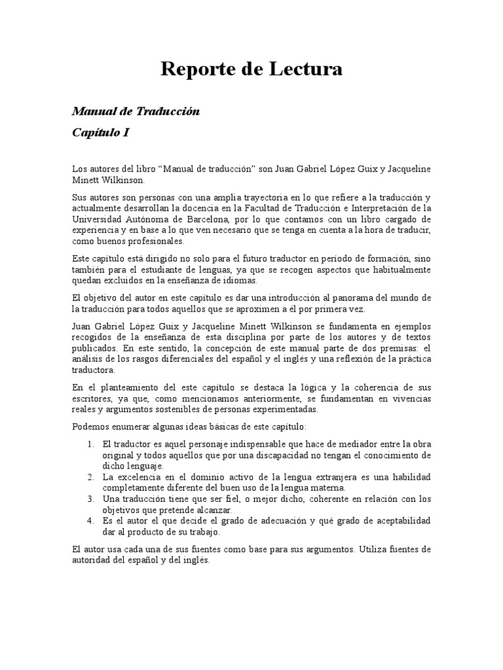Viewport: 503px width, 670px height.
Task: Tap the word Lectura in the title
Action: (x=305, y=69)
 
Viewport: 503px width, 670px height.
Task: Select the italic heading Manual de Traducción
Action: (x=136, y=112)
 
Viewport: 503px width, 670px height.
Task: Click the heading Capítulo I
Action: (x=100, y=133)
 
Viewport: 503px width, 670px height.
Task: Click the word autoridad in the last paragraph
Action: (x=93, y=560)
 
